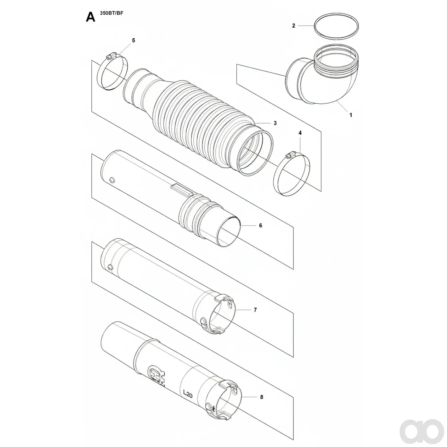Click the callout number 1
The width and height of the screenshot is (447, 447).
[x=351, y=115]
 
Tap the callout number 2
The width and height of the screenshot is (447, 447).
[x=294, y=26]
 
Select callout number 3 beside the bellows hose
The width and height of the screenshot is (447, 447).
[x=275, y=123]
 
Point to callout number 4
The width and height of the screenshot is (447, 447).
[x=300, y=133]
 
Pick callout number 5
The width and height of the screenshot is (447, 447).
[x=134, y=41]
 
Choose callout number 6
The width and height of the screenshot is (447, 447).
[x=261, y=225]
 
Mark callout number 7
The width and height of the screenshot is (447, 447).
[x=255, y=310]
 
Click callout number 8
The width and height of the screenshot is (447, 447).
[x=262, y=397]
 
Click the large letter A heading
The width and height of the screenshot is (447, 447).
[x=91, y=17]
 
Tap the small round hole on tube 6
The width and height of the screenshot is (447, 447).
[x=112, y=179]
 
